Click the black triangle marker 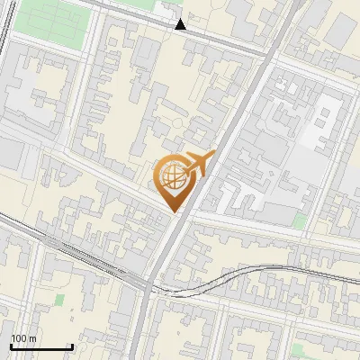pyautogui.click(x=181, y=24)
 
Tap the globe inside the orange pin pyautogui.click(x=172, y=176)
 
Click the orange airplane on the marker pyautogui.click(x=198, y=164)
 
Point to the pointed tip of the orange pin pyautogui.click(x=172, y=211)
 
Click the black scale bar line pyautogui.click(x=40, y=346)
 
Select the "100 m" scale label pyautogui.click(x=23, y=338)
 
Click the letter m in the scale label pyautogui.click(x=32, y=338)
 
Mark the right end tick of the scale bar pyautogui.click(x=72, y=346)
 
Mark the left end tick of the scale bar pyautogui.click(x=10, y=346)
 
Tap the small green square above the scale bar pyautogui.click(x=59, y=299)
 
